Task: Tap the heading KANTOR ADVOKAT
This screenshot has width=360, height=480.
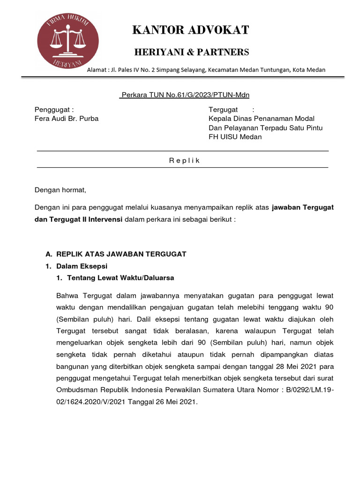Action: (191, 30)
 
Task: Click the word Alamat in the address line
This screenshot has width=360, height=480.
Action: (97, 70)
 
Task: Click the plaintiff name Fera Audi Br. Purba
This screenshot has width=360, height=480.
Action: (67, 119)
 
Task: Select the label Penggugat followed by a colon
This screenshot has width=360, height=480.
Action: (54, 109)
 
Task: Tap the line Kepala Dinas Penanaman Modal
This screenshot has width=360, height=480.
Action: (262, 119)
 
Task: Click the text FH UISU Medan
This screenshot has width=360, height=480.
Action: (235, 137)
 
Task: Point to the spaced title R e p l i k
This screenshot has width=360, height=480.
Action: (184, 161)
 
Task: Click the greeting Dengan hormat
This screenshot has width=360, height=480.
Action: (61, 190)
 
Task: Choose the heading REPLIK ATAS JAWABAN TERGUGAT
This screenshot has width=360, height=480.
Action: (121, 254)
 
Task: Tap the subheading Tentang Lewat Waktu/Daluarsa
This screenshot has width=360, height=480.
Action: (120, 278)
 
